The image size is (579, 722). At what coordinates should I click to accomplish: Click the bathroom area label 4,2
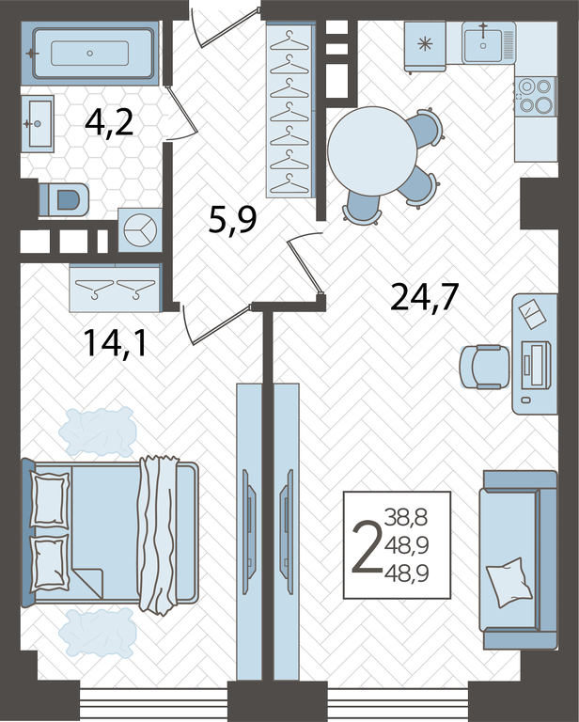pyautogui.click(x=109, y=123)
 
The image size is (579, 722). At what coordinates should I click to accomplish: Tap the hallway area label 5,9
pyautogui.click(x=232, y=220)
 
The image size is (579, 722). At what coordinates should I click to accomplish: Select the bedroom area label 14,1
pyautogui.click(x=115, y=343)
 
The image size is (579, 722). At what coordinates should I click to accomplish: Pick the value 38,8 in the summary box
pyautogui.click(x=406, y=518)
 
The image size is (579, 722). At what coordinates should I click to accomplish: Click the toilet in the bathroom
pyautogui.click(x=64, y=200)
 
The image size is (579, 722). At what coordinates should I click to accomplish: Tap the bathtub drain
pyautogui.click(x=89, y=54)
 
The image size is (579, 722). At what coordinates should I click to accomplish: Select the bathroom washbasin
pyautogui.click(x=38, y=123)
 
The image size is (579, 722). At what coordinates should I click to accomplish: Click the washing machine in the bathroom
pyautogui.click(x=140, y=229)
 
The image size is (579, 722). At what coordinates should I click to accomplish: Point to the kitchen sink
pyautogui.click(x=483, y=43)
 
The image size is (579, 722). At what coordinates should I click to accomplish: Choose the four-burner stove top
pyautogui.click(x=535, y=96)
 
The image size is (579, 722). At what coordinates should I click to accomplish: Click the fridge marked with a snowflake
pyautogui.click(x=425, y=45)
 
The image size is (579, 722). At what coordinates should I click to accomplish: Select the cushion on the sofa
pyautogui.click(x=509, y=583)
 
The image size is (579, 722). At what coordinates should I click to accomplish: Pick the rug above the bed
pyautogui.click(x=98, y=432)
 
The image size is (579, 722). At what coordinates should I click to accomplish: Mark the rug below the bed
pyautogui.click(x=98, y=632)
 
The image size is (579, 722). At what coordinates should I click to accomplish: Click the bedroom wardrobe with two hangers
pyautogui.click(x=116, y=288)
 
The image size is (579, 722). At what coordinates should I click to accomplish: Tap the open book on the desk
pyautogui.click(x=532, y=314)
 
